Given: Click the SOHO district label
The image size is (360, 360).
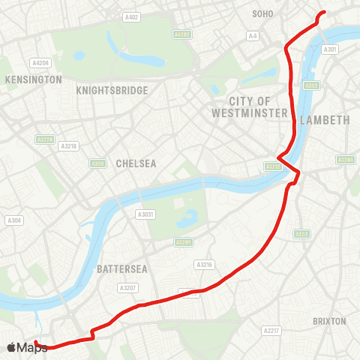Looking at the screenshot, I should [263, 13].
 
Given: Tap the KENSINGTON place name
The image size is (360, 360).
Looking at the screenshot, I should [33, 79].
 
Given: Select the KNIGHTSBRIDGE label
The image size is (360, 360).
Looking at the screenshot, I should [112, 90].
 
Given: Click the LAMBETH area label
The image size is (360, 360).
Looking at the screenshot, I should [325, 120].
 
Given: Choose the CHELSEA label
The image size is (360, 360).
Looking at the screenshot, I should [135, 163].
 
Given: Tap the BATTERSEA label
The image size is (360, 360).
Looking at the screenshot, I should [115, 268].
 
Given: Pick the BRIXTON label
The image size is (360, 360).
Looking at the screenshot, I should [329, 321].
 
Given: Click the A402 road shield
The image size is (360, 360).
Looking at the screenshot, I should [132, 16].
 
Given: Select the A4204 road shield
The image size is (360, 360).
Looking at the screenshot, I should [40, 63].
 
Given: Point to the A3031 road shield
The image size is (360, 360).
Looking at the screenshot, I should [145, 214].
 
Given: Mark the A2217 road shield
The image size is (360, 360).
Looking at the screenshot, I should [271, 330].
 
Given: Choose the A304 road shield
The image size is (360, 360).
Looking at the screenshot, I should [14, 220].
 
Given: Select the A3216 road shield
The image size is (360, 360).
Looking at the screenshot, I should [204, 264].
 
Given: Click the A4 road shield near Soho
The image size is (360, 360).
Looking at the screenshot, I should [253, 35].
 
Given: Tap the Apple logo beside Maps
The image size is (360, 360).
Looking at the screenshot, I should [11, 347].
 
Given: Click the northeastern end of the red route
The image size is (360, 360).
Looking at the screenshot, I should [323, 13].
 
